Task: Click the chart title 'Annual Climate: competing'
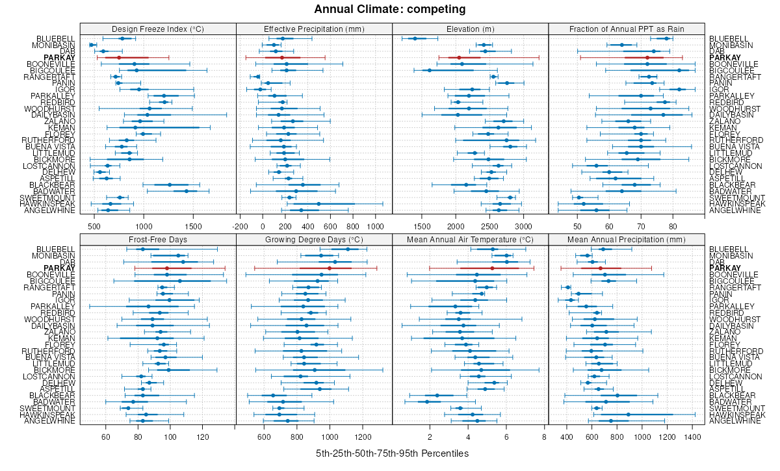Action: point(390,9)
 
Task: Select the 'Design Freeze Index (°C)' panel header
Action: point(158,29)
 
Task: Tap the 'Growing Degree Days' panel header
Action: point(314,239)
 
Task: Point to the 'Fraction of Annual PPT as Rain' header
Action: point(627,29)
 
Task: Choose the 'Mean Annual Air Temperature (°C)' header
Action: point(471,239)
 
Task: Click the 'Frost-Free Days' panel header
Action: point(158,239)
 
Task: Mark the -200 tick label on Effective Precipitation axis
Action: point(240,227)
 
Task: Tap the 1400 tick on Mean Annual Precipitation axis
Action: point(694,437)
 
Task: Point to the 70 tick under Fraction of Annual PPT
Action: point(640,227)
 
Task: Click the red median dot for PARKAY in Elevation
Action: point(459,58)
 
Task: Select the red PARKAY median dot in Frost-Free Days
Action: point(167,268)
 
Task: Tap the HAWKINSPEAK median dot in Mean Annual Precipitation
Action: point(628,414)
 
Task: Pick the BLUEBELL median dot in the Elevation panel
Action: point(415,39)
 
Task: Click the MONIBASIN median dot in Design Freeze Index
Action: point(92,45)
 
